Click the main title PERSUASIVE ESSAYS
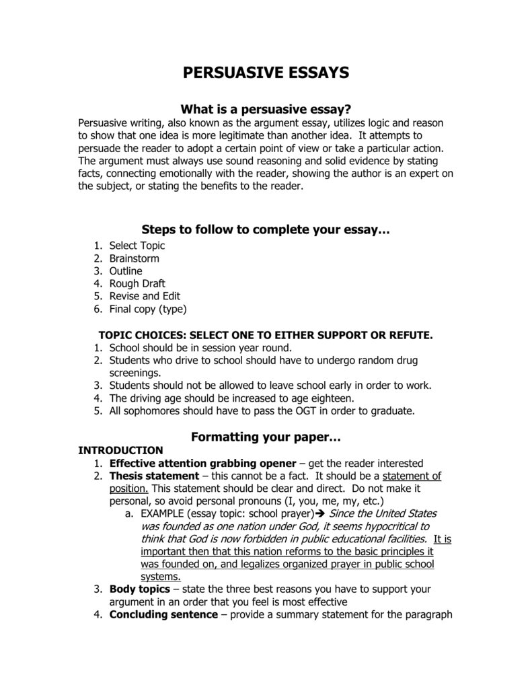coord(266,73)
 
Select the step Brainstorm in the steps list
coord(134,258)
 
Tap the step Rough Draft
coord(137,283)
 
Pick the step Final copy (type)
coord(147,309)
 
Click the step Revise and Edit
coord(145,296)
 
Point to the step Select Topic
coord(137,246)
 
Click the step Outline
coord(126,271)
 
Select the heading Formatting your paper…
coord(266,437)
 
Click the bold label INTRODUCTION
coord(120,450)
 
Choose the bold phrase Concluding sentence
coord(163,614)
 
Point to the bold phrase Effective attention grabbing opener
coord(202,463)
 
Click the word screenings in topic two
coord(135,373)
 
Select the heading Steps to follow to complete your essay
coord(266,230)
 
